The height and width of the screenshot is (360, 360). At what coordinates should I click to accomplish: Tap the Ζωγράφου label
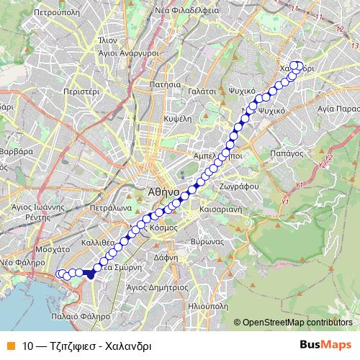click(234, 185)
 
